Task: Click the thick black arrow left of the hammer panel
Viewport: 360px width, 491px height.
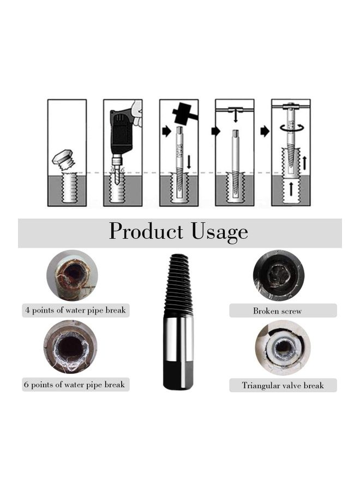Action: (x=165, y=131)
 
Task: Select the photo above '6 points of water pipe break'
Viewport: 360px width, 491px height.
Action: (x=70, y=346)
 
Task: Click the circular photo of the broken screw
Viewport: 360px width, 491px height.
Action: (x=278, y=276)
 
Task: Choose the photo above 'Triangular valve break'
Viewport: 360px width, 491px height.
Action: (x=283, y=348)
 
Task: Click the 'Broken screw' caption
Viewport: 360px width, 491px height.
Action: (x=277, y=311)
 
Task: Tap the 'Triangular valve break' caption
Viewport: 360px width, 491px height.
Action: (x=283, y=385)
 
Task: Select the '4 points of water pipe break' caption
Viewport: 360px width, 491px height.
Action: (x=75, y=310)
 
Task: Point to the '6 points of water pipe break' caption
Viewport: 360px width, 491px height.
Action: (x=74, y=385)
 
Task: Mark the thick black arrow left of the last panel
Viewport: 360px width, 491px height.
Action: (x=265, y=131)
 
